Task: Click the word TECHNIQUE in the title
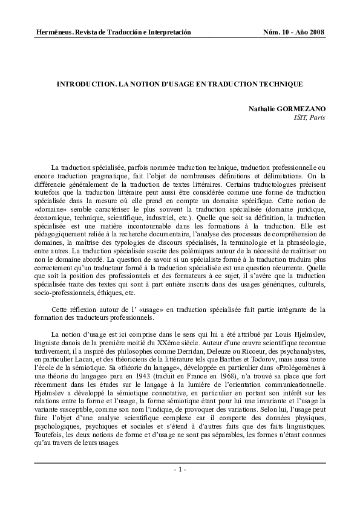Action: point(281,85)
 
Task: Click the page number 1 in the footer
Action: point(180,470)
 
